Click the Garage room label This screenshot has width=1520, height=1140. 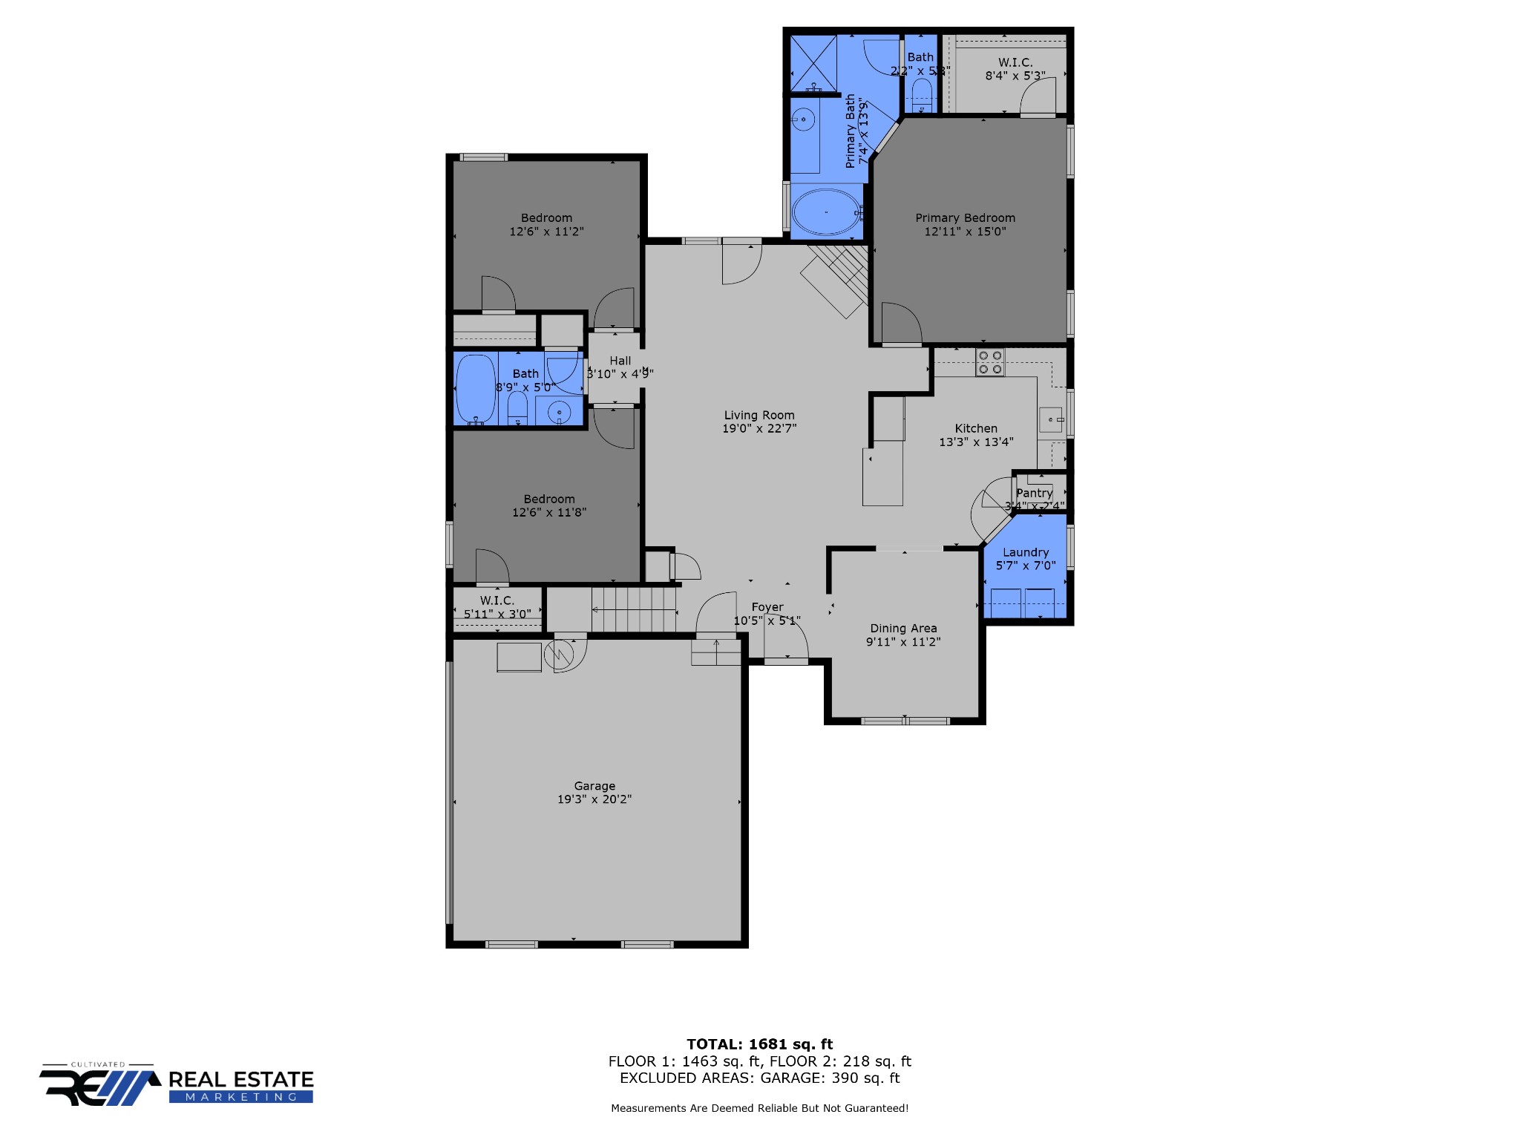tap(594, 786)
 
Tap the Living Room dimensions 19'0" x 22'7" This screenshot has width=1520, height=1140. tap(759, 428)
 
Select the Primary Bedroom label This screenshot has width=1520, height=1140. tap(965, 217)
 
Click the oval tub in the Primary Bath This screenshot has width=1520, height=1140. tap(826, 212)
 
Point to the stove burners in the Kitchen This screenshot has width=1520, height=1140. tap(989, 362)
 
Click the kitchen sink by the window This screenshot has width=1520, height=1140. tap(1050, 420)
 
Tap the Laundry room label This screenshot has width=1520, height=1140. tap(1026, 552)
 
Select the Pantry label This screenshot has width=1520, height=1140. tap(1034, 493)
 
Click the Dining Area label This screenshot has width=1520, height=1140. tap(903, 629)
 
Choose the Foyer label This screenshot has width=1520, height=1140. tap(767, 607)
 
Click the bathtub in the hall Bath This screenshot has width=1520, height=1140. tap(475, 389)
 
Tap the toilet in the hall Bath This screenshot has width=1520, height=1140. tap(517, 407)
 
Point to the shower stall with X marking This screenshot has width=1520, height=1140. tap(813, 64)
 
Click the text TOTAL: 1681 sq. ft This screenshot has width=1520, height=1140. tap(759, 1044)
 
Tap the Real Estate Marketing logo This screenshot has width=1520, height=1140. tap(177, 1085)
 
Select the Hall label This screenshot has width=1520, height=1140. tap(620, 361)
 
